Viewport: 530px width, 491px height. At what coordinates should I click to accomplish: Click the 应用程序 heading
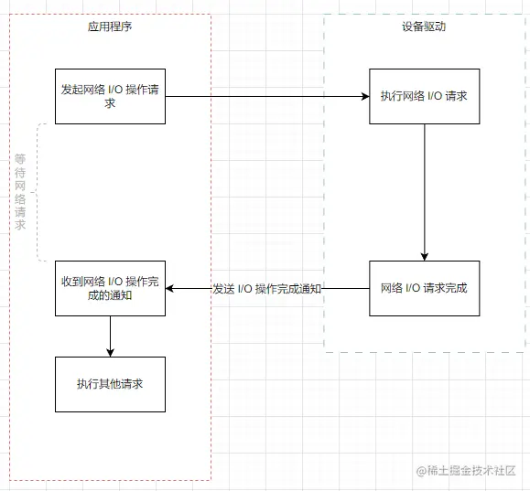(110, 27)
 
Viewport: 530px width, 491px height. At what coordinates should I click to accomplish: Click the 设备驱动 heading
(424, 27)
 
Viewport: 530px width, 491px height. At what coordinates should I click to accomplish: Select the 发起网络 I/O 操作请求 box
(110, 96)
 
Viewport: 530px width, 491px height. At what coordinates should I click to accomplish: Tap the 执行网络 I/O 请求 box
(424, 96)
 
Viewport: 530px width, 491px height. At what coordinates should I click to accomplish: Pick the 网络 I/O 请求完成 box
(424, 288)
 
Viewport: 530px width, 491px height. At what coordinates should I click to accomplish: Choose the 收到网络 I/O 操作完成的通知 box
(110, 288)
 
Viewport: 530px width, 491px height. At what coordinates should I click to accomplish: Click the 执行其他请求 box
(110, 383)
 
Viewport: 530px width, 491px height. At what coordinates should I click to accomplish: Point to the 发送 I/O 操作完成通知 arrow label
(267, 289)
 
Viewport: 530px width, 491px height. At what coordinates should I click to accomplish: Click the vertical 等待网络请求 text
(20, 192)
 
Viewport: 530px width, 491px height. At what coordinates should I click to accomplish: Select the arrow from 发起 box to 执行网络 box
(265, 96)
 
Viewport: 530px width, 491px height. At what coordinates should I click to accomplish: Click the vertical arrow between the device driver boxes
(424, 192)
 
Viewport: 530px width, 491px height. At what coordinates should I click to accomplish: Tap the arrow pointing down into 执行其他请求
(110, 336)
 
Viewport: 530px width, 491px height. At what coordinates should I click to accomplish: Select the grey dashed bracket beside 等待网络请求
(38, 192)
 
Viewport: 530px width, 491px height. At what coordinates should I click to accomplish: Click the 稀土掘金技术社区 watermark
(467, 470)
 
